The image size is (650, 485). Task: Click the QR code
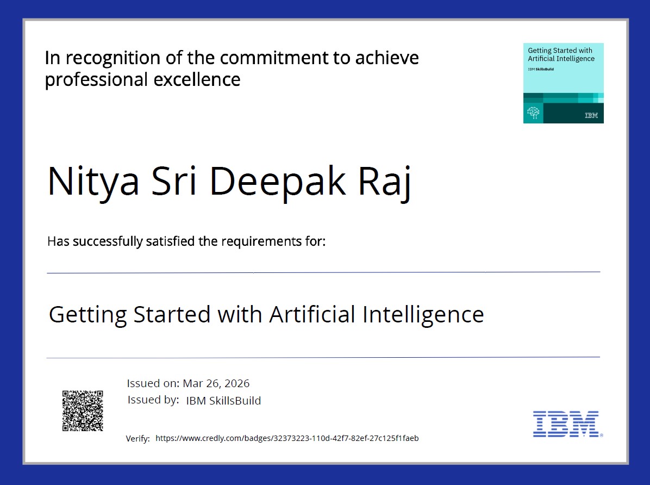click(x=83, y=411)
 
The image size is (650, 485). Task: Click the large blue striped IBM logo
click(x=566, y=424)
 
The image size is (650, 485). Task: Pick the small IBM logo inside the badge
click(x=591, y=116)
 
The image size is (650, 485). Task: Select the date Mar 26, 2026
click(x=216, y=383)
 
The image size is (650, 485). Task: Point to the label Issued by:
click(x=153, y=400)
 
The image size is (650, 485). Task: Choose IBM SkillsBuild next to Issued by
click(x=223, y=401)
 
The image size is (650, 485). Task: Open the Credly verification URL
click(x=287, y=438)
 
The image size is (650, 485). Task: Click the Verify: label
click(x=137, y=439)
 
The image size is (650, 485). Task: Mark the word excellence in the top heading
click(x=197, y=80)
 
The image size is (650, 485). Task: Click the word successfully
click(x=108, y=241)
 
